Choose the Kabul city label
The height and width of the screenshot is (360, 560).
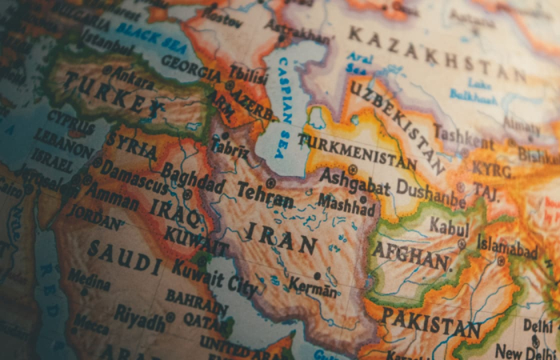pos(449,226)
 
